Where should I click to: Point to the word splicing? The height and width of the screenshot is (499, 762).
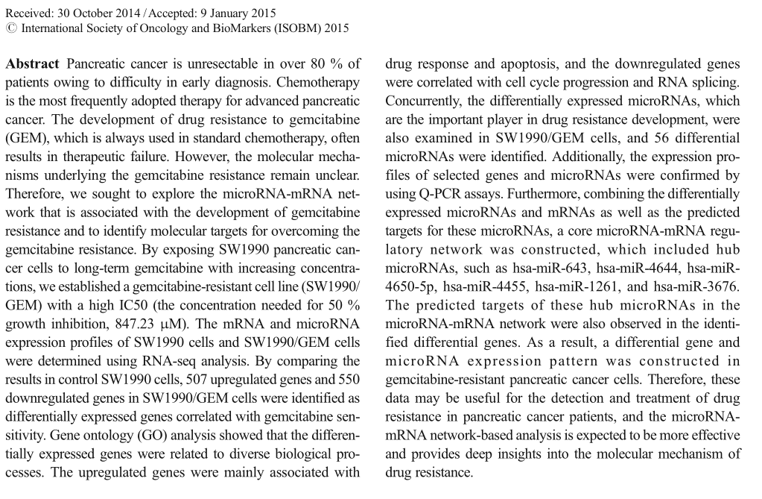pos(717,82)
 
